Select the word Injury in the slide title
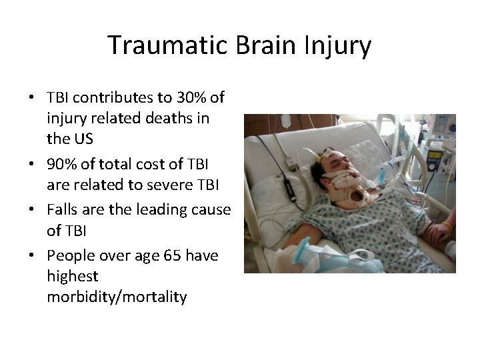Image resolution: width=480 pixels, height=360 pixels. point(339,45)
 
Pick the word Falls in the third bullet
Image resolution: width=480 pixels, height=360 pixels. point(63,209)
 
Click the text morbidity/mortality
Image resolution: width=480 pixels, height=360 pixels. point(117,297)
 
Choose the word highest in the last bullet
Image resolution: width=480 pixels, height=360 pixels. point(72,276)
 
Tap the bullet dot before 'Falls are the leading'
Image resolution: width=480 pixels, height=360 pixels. point(32,210)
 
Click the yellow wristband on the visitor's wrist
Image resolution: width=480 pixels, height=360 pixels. point(447,227)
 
